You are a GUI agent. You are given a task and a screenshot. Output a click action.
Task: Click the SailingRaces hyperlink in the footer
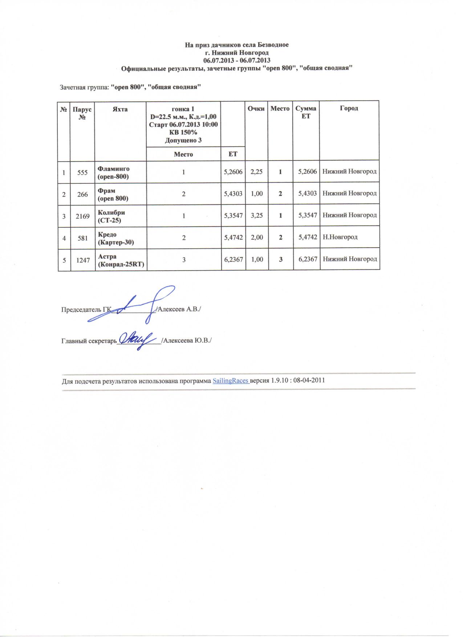tap(230, 381)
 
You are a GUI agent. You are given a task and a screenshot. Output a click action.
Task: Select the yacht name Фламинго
tap(114, 169)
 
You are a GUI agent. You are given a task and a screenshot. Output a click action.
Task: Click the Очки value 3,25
tap(257, 215)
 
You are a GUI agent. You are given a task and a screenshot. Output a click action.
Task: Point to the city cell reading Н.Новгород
tap(340, 237)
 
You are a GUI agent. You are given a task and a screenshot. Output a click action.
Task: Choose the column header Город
tap(349, 108)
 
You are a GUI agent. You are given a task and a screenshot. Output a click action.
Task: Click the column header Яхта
tap(120, 109)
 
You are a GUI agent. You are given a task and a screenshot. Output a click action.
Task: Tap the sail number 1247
tap(82, 260)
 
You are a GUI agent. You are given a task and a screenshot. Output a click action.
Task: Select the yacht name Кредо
tap(107, 235)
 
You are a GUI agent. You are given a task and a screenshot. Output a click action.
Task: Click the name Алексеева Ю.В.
tap(187, 341)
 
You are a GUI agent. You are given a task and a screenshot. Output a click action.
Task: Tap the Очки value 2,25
tap(257, 172)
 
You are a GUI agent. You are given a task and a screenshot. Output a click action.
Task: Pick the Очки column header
tap(256, 108)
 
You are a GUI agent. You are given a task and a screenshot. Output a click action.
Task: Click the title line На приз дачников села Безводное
tap(237, 45)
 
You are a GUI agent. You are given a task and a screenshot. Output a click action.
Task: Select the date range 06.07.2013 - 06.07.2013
tap(237, 60)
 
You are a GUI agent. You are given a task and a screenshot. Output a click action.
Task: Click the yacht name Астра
tap(107, 256)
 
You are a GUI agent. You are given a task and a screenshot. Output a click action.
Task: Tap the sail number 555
tap(82, 172)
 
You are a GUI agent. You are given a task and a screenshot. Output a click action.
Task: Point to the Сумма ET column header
tap(306, 112)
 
